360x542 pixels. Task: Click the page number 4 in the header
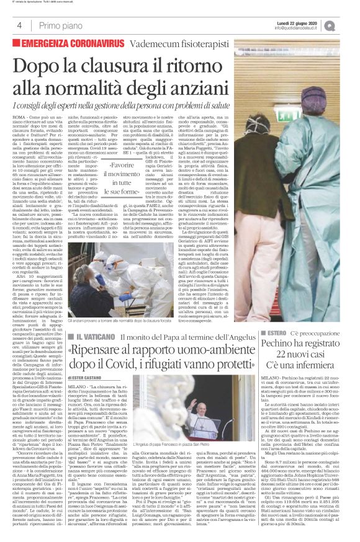click(19, 25)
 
